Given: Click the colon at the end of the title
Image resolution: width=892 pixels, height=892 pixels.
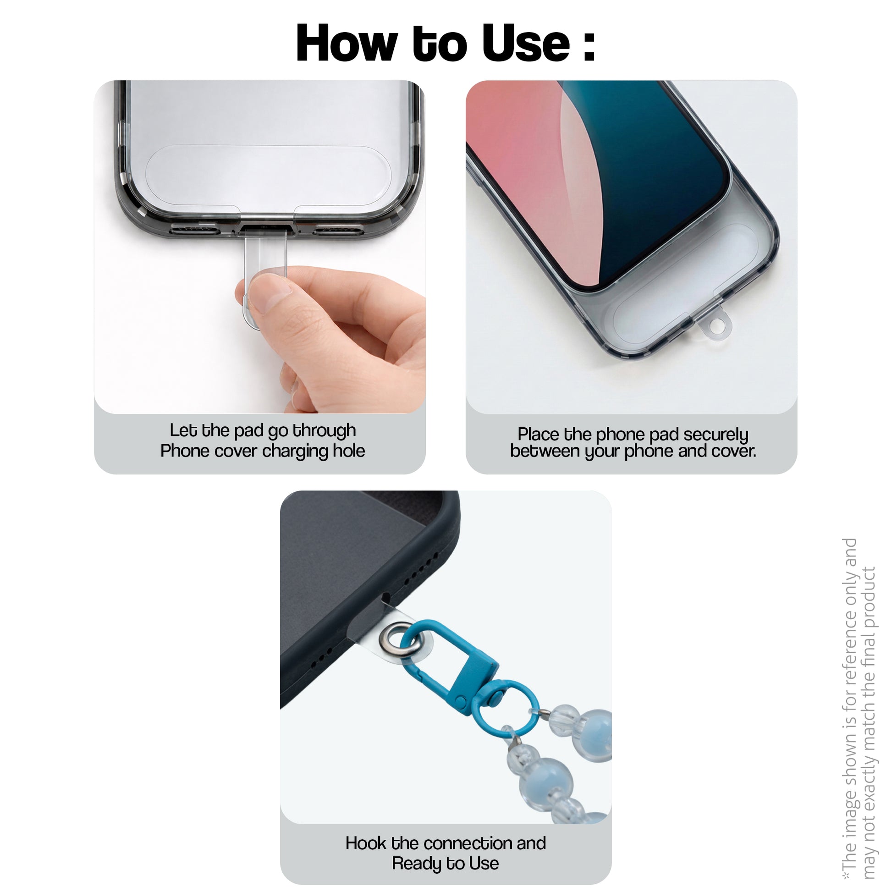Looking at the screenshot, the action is [x=589, y=46].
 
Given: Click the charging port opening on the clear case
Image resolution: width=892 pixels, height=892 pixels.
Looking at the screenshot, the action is [x=265, y=228].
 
